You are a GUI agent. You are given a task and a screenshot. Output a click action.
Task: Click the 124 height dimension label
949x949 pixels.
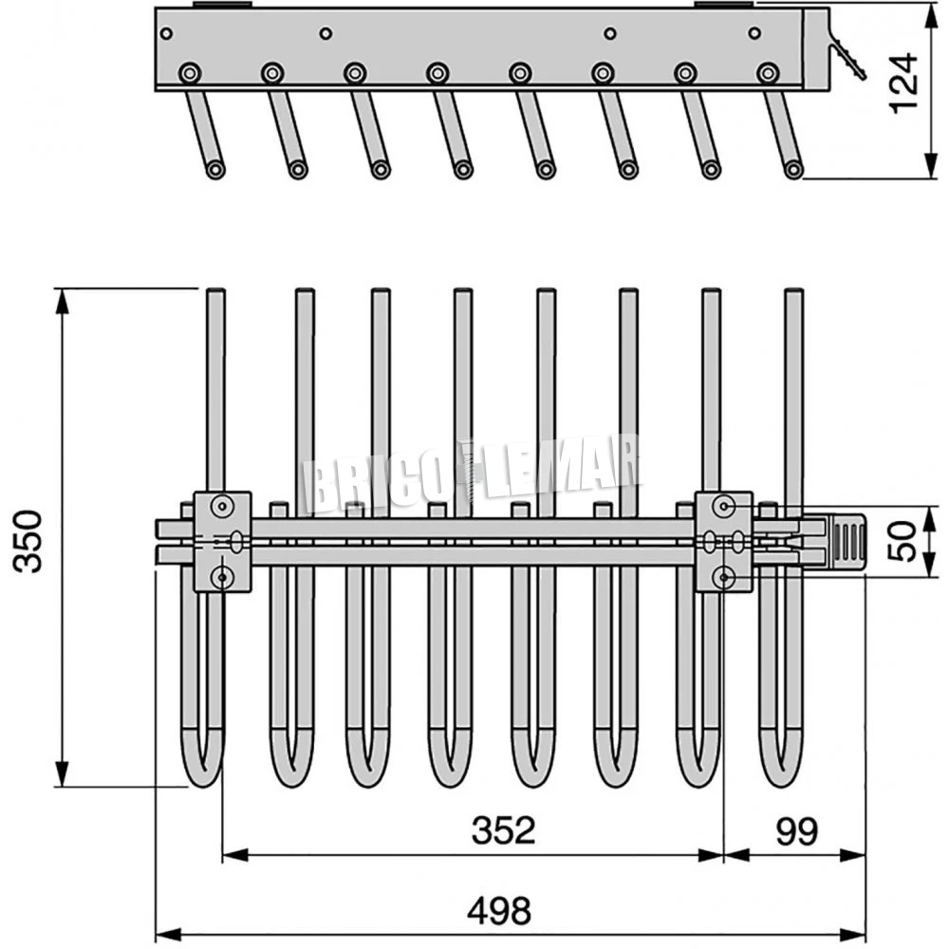(906, 83)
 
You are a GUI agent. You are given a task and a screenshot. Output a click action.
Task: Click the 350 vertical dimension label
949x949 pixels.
(29, 540)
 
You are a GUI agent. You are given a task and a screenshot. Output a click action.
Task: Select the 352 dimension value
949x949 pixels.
(503, 830)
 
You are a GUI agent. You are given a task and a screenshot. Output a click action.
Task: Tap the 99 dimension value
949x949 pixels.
(795, 830)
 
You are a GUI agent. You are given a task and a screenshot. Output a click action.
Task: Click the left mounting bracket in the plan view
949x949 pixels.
(223, 541)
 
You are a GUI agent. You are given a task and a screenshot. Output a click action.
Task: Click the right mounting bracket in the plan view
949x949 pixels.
(724, 541)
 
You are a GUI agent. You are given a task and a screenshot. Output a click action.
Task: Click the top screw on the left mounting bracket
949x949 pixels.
(223, 506)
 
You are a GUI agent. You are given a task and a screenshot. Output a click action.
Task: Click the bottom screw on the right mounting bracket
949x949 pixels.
(724, 575)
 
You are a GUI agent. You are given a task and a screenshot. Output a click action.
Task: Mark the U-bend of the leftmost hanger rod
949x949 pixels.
(201, 764)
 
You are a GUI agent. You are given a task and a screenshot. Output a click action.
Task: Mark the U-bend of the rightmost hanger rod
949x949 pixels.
(782, 764)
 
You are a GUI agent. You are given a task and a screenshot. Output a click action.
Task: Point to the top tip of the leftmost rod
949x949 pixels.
(216, 293)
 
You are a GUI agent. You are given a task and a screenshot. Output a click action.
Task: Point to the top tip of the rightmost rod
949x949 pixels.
(794, 293)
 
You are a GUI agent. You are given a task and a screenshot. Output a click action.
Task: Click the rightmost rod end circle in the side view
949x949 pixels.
(793, 170)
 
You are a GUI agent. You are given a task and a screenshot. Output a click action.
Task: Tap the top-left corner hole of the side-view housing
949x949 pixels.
(167, 33)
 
